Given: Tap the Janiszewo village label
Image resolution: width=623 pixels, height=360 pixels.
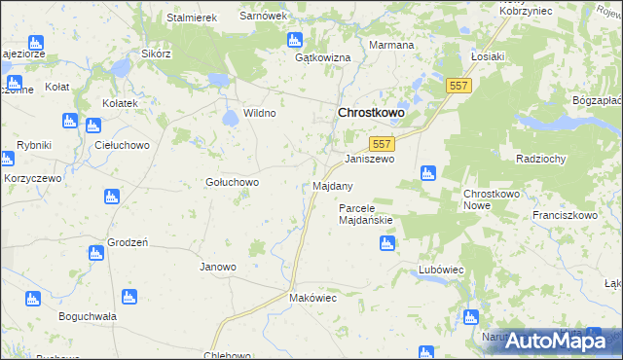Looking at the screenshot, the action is pyautogui.click(x=370, y=159).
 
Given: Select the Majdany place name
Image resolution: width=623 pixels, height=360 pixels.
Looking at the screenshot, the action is pyautogui.click(x=333, y=185).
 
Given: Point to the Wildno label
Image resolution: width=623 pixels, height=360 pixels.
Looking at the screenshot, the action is pyautogui.click(x=260, y=114).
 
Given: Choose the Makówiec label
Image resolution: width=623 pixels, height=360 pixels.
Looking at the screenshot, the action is pyautogui.click(x=312, y=298).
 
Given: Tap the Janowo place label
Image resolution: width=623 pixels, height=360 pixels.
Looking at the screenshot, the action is pyautogui.click(x=218, y=267).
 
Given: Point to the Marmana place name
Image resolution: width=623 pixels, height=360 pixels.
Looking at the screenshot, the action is pyautogui.click(x=392, y=46).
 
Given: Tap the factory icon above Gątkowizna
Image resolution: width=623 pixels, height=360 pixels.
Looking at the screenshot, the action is pyautogui.click(x=295, y=40).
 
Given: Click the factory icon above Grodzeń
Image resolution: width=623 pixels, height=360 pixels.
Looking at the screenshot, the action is pyautogui.click(x=111, y=198).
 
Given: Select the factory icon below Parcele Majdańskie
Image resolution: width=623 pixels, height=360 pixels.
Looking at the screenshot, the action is pyautogui.click(x=387, y=242).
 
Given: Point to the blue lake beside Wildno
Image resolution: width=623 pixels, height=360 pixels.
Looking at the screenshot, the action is pyautogui.click(x=231, y=119).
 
